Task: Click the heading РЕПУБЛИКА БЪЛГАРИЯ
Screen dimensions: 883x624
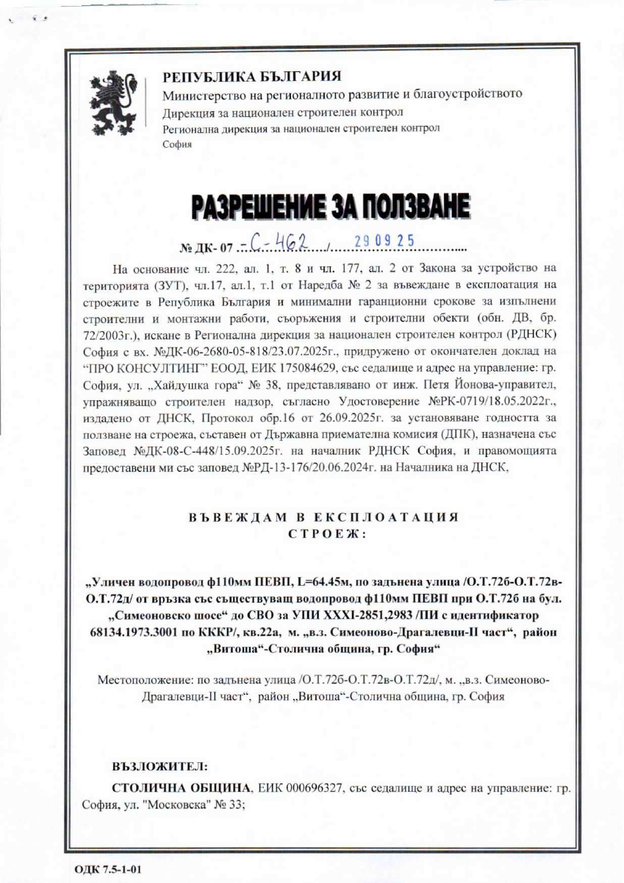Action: click(x=251, y=77)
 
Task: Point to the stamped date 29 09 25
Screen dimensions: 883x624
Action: click(x=384, y=240)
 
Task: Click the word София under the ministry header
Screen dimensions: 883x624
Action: click(x=176, y=144)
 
